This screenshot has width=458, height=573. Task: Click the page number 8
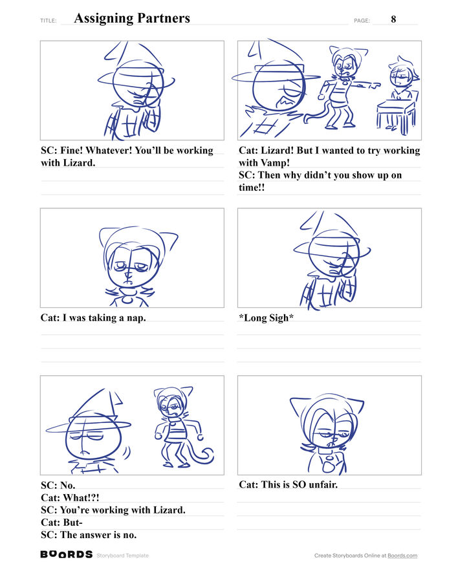click(x=393, y=19)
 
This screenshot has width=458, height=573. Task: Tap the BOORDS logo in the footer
click(x=66, y=554)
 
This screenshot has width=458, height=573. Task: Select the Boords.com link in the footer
click(x=402, y=556)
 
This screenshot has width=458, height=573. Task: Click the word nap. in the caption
click(x=136, y=318)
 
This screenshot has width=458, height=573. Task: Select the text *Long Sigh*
click(x=266, y=318)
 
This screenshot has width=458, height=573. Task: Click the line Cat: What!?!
click(x=70, y=498)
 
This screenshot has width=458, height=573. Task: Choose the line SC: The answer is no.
click(x=89, y=535)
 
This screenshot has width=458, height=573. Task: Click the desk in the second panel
click(x=397, y=114)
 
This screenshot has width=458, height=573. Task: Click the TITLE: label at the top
click(x=49, y=21)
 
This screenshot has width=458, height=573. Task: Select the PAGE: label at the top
click(x=362, y=21)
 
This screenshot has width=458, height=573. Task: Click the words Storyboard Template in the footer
click(x=123, y=556)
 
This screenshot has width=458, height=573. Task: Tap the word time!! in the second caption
click(x=252, y=188)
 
